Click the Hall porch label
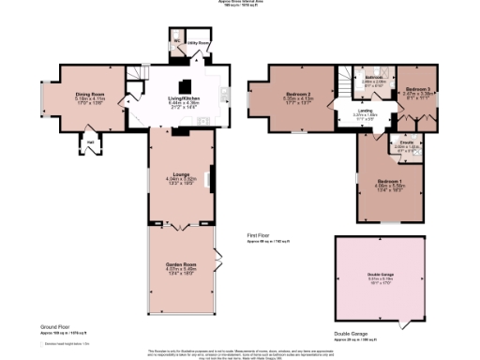(91, 142)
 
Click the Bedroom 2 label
(297, 95)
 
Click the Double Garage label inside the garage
(381, 275)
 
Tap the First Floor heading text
(259, 236)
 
